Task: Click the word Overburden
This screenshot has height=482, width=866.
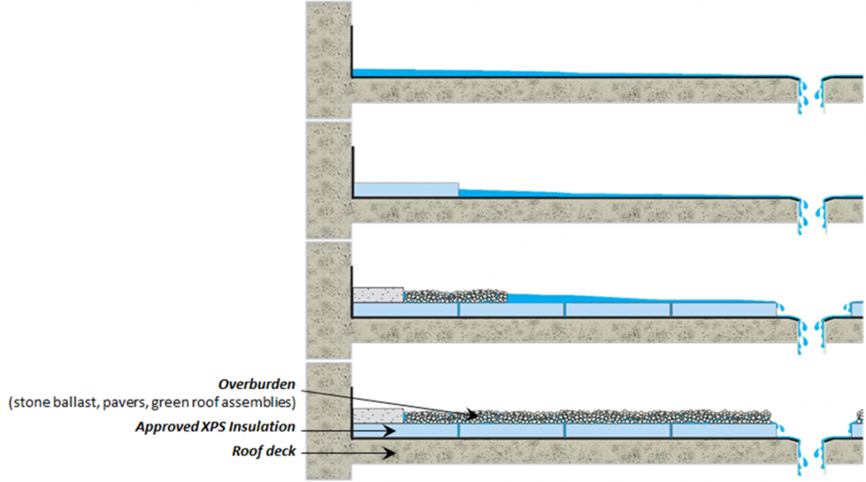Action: (x=257, y=384)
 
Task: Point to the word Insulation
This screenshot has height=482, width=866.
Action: (x=262, y=426)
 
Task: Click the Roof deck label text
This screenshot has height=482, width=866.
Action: (x=263, y=451)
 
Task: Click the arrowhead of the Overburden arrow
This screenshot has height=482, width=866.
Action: (x=473, y=415)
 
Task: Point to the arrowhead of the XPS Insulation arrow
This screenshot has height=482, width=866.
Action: (x=389, y=431)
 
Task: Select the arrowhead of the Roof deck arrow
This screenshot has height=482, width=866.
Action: (x=389, y=453)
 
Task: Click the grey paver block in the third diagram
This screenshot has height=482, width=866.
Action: (x=378, y=295)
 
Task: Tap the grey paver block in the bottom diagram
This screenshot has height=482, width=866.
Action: (x=378, y=416)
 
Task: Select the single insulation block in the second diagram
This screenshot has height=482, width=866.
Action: (x=406, y=189)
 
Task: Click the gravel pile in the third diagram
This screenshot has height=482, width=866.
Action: (x=455, y=296)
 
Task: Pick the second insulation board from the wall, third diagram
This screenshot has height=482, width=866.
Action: (x=512, y=310)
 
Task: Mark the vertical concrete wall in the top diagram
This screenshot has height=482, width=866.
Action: (x=328, y=59)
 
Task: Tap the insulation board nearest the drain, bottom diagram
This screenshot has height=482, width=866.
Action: (x=724, y=430)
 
